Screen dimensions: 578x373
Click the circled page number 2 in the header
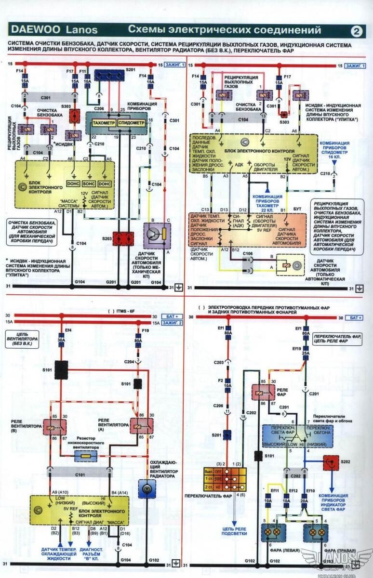pyautogui.click(x=357, y=31)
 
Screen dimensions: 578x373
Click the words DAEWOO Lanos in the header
pyautogui.click(x=54, y=30)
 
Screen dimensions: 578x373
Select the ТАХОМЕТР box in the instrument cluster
pyautogui.click(x=101, y=123)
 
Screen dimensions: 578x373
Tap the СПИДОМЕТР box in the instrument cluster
pyautogui.click(x=131, y=123)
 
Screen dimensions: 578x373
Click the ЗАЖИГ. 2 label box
pyautogui.click(x=176, y=323)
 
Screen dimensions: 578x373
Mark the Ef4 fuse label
pyautogui.click(x=62, y=330)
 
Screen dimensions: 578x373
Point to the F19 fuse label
pyautogui.click(x=146, y=331)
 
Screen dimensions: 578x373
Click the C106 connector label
pyautogui.click(x=248, y=253)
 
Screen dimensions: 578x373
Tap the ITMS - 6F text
pyautogui.click(x=127, y=312)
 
